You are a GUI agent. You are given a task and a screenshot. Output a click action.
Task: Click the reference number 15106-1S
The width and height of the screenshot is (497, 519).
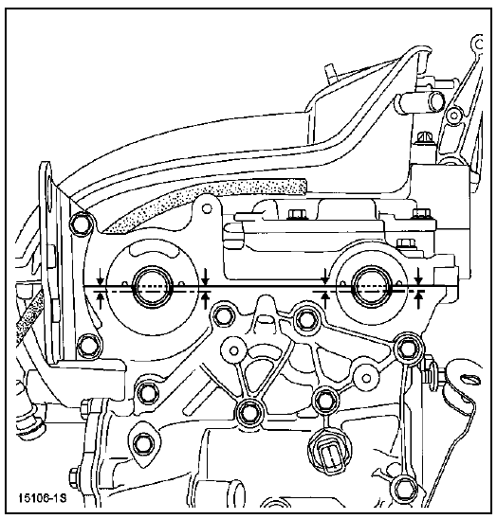click(x=43, y=498)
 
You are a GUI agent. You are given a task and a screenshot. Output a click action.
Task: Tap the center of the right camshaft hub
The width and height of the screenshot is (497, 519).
click(x=372, y=285)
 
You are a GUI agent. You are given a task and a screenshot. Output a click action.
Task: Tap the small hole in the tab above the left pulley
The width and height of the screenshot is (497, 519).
click(x=208, y=208)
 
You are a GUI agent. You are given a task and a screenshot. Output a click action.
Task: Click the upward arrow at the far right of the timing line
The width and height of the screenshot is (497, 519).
click(x=419, y=299)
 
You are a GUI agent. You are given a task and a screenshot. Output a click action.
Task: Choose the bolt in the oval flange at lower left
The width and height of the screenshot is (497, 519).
click(x=144, y=443)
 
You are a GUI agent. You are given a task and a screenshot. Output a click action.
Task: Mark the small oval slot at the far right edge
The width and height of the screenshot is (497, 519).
click(x=470, y=379)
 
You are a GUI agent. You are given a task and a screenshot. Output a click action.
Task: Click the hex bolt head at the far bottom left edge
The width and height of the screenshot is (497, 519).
click(x=75, y=478)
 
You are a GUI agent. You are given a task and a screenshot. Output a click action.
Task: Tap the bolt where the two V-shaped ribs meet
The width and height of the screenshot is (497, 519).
click(x=248, y=412)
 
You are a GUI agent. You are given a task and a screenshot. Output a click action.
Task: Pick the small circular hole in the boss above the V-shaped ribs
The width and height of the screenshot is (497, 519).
click(x=234, y=350)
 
